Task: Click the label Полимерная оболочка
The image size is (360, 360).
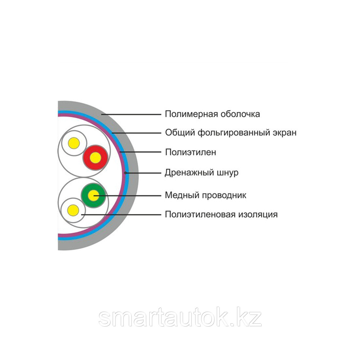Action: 212,114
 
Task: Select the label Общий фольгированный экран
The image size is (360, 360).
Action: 231,133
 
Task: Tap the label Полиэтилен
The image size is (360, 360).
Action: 190,153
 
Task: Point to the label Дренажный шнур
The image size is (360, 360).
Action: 202,172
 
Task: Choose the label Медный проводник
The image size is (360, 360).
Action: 206,195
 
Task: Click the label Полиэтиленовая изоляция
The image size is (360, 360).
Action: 221,215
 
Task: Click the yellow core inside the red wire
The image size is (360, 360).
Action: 95,158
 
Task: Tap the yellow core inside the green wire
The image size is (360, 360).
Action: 94,196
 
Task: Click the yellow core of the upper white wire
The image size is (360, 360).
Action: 73,143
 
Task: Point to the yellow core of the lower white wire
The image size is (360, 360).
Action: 73,210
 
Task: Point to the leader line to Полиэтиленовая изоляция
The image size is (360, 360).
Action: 121,215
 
